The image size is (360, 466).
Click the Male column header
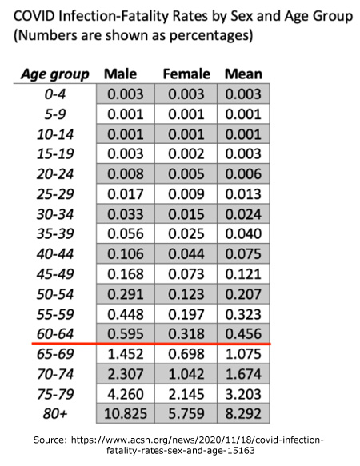pos(120,74)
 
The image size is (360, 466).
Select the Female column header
pos(186,74)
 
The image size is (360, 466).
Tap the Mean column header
pos(243,74)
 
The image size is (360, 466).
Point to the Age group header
pos(55,74)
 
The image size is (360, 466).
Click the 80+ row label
pos(55,413)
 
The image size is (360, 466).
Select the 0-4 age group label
pos(55,94)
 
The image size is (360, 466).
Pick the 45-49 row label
pos(55,273)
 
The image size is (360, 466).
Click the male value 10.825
pos(126,413)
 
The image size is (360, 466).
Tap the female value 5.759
pos(186,413)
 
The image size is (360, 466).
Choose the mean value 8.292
pos(243,413)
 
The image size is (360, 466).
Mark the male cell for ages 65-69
pos(126,353)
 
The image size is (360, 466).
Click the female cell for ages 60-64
pos(186,334)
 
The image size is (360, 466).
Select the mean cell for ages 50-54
pos(243,294)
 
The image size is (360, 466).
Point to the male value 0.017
pos(126,194)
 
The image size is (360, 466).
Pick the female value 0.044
pos(186,254)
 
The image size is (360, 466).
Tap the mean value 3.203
pos(243,394)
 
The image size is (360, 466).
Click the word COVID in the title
pos(34,16)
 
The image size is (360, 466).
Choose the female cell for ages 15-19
pos(186,154)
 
